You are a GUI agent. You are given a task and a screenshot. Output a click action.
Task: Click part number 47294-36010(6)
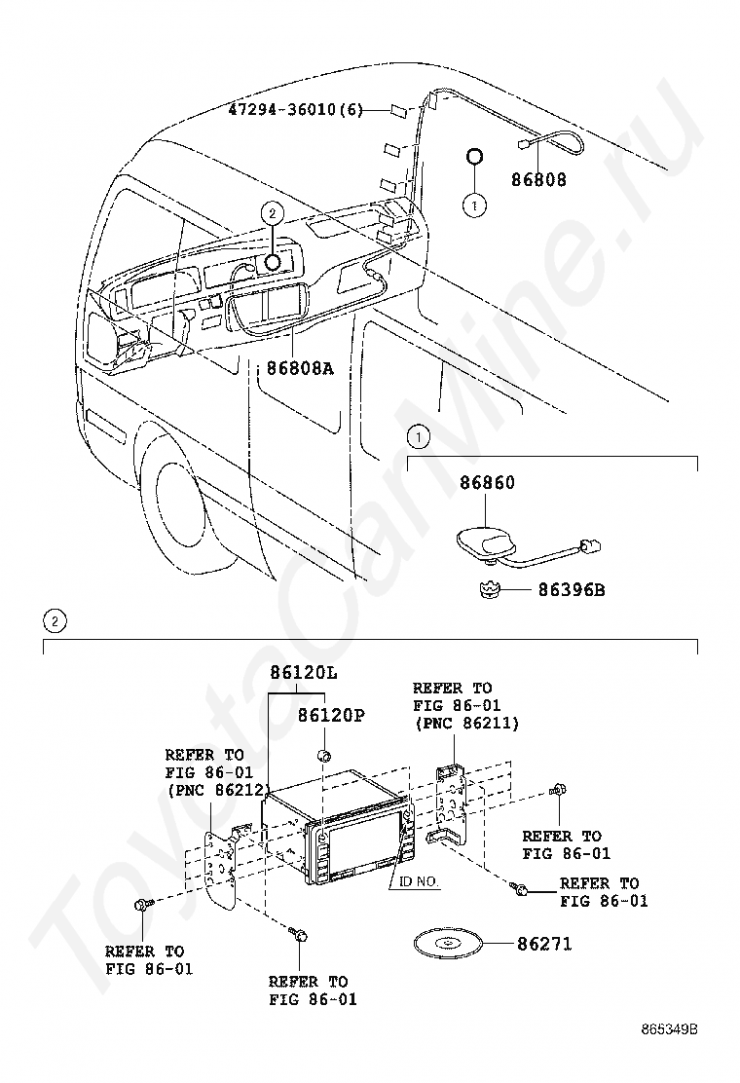[295, 110]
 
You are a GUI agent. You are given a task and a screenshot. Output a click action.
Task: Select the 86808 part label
[538, 180]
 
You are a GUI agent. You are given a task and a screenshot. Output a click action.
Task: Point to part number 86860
[487, 483]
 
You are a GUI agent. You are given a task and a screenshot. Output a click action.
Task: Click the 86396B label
[565, 589]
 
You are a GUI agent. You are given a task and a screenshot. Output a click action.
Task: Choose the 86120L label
[303, 672]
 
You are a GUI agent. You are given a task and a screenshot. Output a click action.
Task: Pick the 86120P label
[330, 716]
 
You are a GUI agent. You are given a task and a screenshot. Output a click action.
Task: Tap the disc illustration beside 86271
[447, 945]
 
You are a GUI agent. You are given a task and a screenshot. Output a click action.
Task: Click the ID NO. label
[417, 881]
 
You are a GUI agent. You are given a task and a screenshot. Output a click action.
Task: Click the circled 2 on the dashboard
[272, 212]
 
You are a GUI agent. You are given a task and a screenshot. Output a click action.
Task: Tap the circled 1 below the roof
[474, 205]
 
